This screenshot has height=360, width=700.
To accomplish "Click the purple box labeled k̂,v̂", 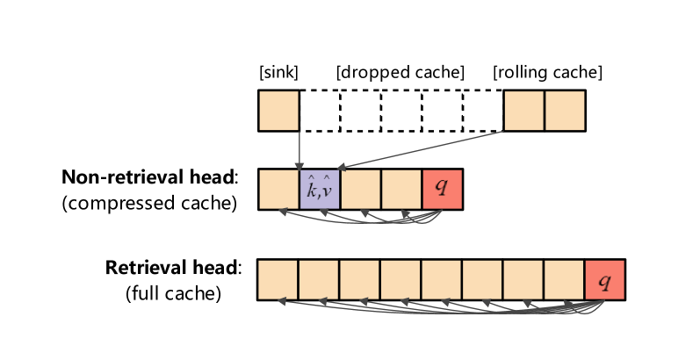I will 320,190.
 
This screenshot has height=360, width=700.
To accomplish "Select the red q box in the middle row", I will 442,190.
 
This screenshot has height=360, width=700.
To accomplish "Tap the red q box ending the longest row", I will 604,279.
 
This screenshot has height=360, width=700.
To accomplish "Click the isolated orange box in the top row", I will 278,111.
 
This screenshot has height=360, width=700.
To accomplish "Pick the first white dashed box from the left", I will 360,111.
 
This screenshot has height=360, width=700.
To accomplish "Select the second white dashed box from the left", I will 401,111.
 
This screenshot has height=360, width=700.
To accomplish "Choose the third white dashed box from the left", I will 442,111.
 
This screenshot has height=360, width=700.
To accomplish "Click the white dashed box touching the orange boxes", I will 482,111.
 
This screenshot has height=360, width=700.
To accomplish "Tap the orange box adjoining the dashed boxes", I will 523,111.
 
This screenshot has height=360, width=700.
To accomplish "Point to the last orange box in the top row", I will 565,111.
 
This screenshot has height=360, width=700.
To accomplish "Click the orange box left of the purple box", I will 278,190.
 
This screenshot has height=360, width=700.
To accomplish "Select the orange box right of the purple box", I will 360,190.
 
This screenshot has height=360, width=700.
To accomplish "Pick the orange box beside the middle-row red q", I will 401,190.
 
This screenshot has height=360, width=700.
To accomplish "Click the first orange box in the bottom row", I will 278,279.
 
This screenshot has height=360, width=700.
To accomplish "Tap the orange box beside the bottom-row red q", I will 564,279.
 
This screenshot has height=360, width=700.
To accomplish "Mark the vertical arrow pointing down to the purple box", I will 299,149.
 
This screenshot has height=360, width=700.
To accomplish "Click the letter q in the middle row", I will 442,187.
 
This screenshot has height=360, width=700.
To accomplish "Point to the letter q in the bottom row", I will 604,281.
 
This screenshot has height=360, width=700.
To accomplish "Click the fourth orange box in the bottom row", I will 401,279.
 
